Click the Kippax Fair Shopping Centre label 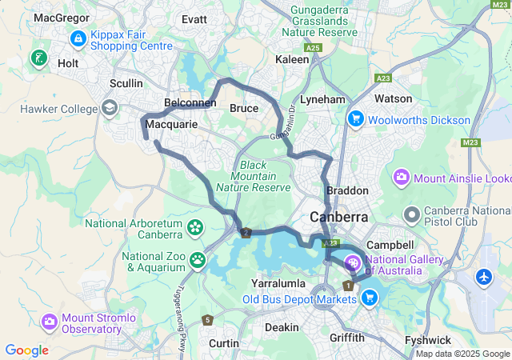132,40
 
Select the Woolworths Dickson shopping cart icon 355,119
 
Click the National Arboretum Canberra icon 195,228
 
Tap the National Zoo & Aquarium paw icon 196,259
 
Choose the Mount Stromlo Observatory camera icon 50,322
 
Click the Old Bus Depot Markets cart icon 369,299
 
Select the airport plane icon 485,277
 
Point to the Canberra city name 339,217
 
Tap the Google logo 26,350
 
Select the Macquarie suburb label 171,125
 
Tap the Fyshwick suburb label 428,340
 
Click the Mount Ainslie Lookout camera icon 402,176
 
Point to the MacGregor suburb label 61,17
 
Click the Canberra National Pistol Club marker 412,214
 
